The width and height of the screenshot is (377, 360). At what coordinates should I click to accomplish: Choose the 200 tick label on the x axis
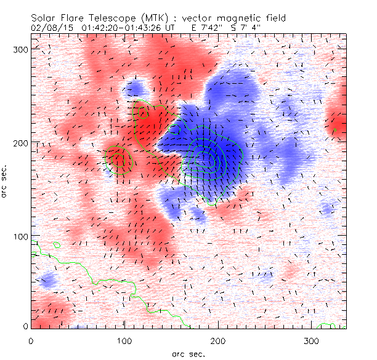click(x=217, y=340)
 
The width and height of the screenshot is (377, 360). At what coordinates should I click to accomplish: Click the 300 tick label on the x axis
click(x=311, y=340)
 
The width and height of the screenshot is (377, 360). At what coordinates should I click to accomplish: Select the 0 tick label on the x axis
click(x=31, y=340)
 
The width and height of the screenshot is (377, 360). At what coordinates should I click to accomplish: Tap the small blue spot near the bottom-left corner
click(x=47, y=282)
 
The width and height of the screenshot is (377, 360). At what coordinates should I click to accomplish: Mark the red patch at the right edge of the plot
click(x=338, y=126)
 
